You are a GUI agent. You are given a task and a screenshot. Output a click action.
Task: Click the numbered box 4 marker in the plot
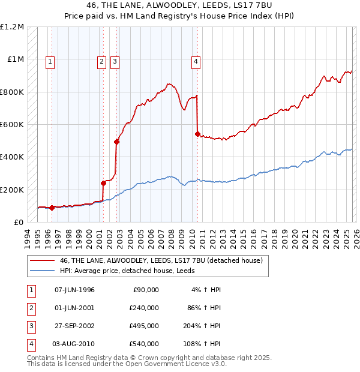[x=196, y=61]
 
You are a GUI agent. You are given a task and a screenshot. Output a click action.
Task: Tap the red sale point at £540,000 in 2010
[x=197, y=134]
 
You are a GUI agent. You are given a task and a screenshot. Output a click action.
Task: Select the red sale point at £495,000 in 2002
[x=116, y=142]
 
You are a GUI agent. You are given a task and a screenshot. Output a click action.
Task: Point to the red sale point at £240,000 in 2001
[x=103, y=183]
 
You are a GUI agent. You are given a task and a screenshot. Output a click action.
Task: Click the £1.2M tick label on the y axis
[x=12, y=27]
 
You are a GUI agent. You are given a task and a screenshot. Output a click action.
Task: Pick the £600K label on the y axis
[x=12, y=125]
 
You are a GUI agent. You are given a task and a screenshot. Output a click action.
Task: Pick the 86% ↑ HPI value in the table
[x=203, y=308]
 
